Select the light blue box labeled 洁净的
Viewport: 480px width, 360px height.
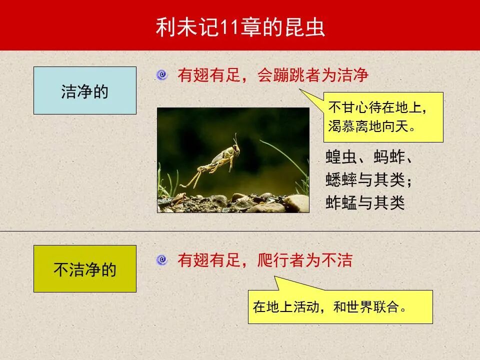(84, 90)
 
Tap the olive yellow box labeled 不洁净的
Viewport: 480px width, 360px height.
(84, 269)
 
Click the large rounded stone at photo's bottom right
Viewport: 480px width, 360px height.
(296, 202)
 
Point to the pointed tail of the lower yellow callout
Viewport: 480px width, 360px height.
(276, 280)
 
